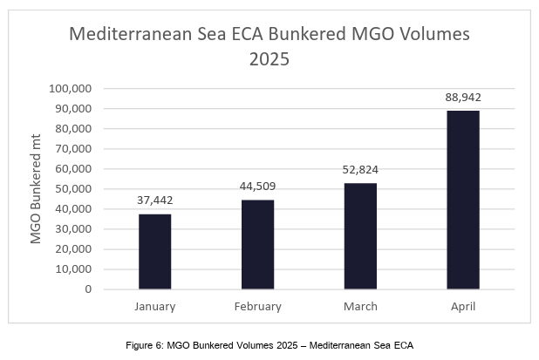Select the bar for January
point(155,251)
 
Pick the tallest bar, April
point(463,200)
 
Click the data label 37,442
point(155,200)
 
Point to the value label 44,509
point(257,186)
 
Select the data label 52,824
point(360,169)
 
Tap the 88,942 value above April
point(463,97)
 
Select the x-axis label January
point(155,306)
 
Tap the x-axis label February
point(257,306)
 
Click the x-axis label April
point(463,306)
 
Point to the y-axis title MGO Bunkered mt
point(37,189)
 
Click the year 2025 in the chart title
point(269,60)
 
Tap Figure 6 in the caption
point(144,346)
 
